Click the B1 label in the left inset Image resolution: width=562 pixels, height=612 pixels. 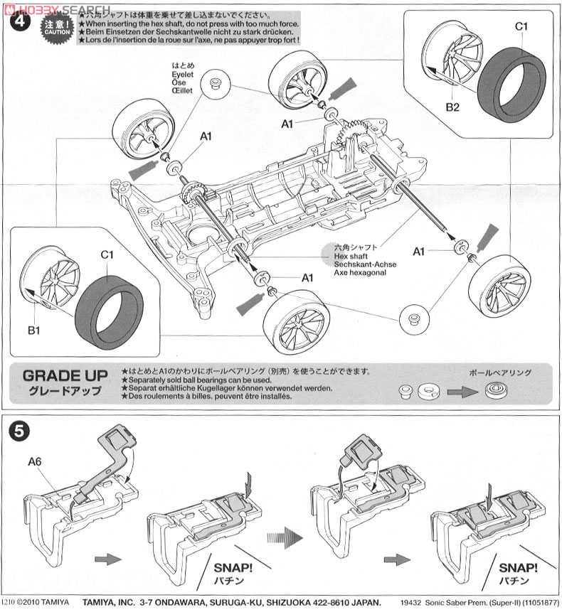tap(33, 330)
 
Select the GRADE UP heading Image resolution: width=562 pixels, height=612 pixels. tap(65, 375)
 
